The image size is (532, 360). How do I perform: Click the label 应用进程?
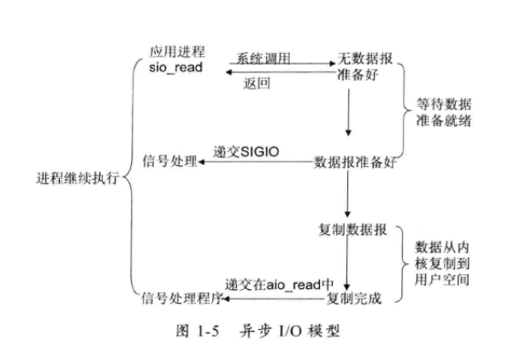click(x=174, y=52)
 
